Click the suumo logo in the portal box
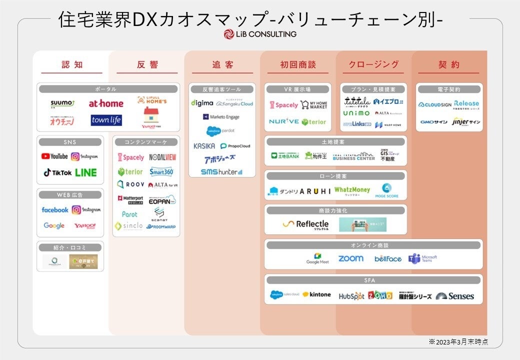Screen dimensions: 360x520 click(x=62, y=104)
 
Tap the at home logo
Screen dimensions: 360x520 click(x=106, y=104)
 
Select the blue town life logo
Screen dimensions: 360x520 click(x=106, y=120)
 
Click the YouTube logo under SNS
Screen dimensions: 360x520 click(x=54, y=156)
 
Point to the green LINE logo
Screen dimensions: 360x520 click(x=86, y=172)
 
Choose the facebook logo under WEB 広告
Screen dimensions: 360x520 click(x=55, y=210)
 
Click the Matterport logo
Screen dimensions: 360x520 click(x=130, y=198)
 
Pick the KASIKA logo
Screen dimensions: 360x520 click(x=204, y=146)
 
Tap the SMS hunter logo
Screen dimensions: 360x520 click(x=221, y=171)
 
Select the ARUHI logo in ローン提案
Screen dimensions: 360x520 click(x=315, y=191)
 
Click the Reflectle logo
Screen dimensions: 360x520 click(x=305, y=224)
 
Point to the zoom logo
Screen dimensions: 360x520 click(x=350, y=258)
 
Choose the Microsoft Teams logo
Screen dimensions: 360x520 click(x=422, y=258)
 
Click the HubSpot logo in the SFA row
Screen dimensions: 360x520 click(x=351, y=296)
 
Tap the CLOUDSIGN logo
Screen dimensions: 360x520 click(x=434, y=105)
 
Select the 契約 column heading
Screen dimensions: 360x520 click(x=448, y=65)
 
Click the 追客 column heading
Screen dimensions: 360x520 click(x=222, y=65)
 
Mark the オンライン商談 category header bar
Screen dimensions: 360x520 click(x=373, y=245)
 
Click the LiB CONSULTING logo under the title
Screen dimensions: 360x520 click(x=260, y=34)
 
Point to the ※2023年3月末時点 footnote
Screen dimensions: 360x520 click(x=458, y=342)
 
